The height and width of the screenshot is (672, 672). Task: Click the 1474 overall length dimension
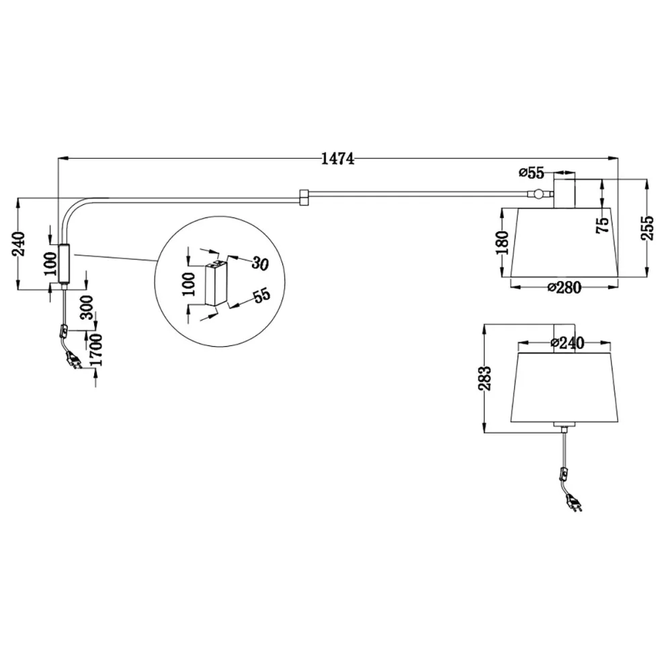coord(337,159)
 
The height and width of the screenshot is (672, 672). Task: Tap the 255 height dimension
coord(646,230)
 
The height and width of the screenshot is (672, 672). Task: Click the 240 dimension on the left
coord(19,243)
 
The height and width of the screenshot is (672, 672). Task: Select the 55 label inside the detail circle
coord(260,296)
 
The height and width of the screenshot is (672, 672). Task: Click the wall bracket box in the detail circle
coord(215,285)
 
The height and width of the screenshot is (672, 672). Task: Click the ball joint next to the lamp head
coord(539,196)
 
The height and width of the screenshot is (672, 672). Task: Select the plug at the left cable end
coord(73,362)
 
